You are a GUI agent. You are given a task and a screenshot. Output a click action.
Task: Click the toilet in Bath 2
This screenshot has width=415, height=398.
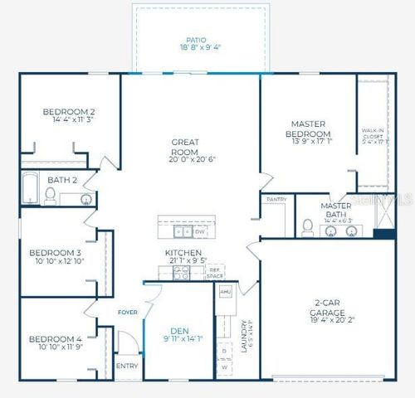[50, 197]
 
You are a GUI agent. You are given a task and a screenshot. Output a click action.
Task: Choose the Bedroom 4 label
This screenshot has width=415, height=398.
[56, 338]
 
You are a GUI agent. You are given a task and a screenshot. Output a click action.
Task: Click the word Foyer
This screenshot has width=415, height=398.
[126, 313]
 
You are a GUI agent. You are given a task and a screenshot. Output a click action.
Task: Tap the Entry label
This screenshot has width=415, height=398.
[127, 365]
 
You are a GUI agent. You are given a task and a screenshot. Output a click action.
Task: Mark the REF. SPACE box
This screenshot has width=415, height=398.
[214, 271]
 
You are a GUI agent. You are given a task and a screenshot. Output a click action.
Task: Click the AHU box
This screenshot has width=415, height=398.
[224, 292]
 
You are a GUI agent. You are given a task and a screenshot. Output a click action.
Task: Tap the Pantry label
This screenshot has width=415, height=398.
[276, 200]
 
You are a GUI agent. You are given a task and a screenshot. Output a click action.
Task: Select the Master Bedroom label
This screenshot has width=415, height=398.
[308, 129]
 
